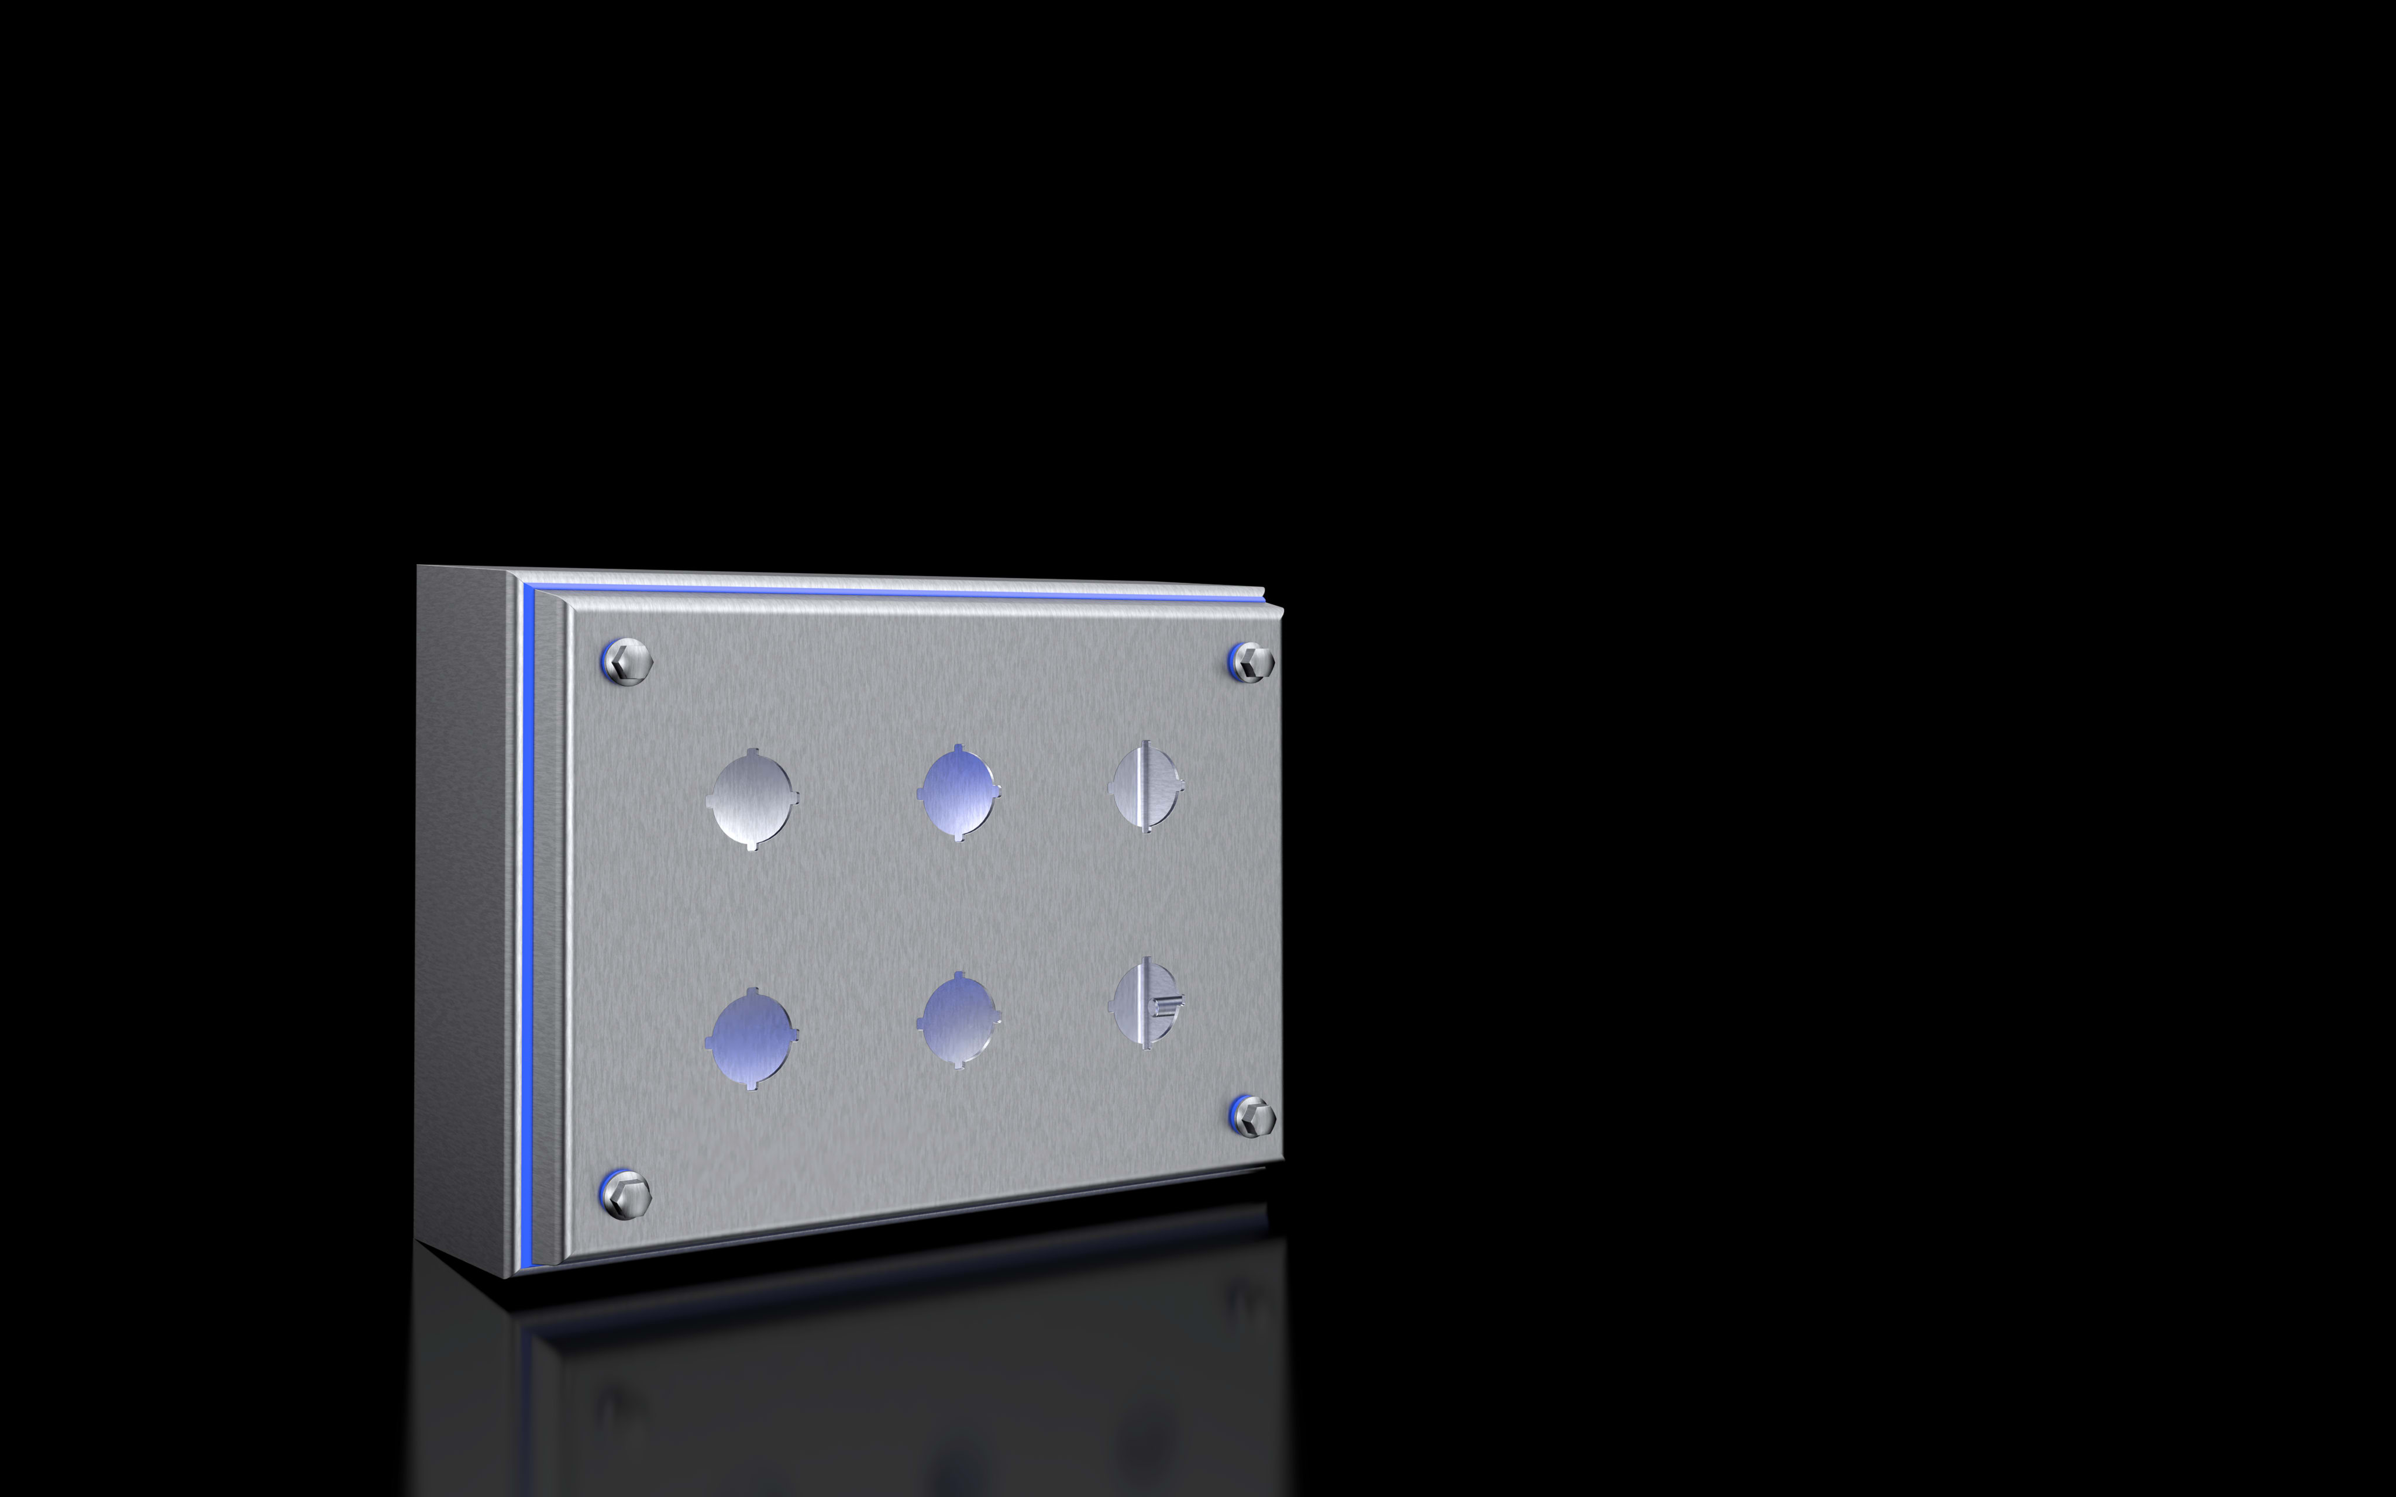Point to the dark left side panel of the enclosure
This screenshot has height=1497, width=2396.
[460, 911]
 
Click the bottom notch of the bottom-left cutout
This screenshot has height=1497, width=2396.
[752, 1085]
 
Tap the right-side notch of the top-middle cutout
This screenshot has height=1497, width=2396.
[996, 792]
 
